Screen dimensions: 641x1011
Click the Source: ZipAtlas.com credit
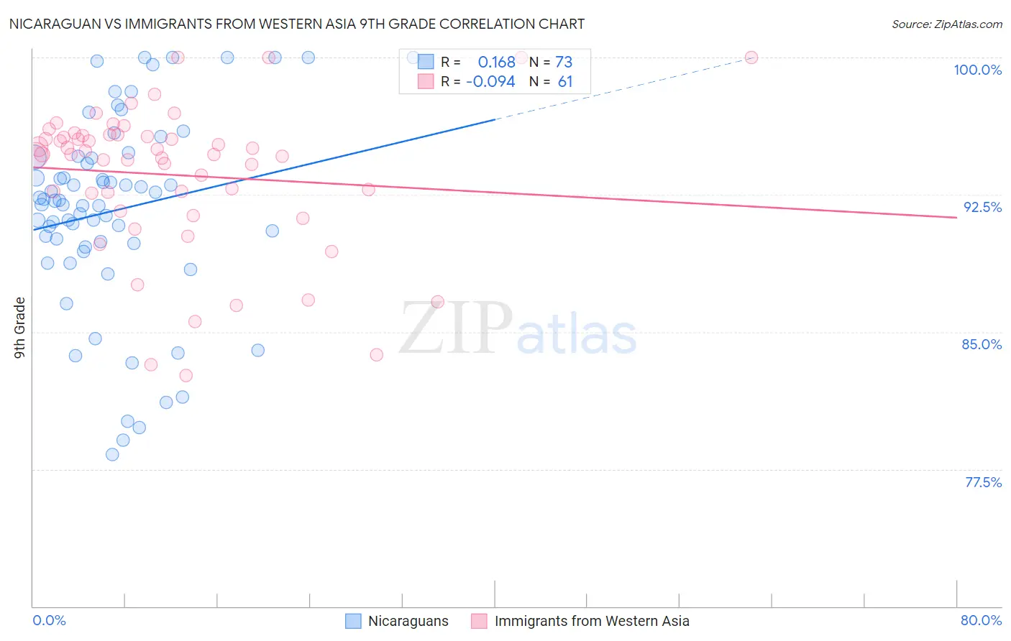[946, 24]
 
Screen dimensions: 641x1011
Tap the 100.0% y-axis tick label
[977, 70]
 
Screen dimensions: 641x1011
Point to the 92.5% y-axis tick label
[982, 207]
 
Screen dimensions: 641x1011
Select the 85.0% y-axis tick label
[982, 344]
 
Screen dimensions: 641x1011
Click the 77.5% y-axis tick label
[983, 482]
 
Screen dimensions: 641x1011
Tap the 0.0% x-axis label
[49, 620]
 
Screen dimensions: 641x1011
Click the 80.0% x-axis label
[981, 620]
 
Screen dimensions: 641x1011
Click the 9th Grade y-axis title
[20, 328]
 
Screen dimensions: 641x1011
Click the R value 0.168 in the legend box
[496, 63]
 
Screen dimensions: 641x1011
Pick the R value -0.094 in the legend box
[490, 82]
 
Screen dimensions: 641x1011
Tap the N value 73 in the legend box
[564, 63]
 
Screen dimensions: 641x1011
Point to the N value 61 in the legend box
[565, 82]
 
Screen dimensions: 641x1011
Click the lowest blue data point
[112, 454]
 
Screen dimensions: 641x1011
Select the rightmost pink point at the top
[751, 57]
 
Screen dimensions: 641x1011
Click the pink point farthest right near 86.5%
[437, 302]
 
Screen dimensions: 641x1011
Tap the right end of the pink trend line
[956, 217]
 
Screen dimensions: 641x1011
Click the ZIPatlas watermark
[518, 329]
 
